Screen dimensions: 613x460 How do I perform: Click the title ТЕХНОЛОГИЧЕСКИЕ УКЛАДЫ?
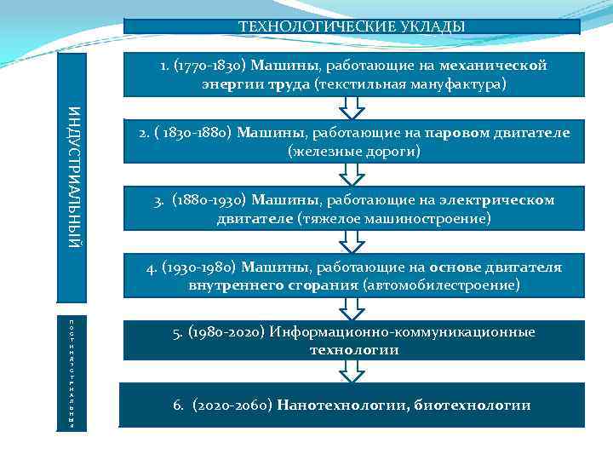pyautogui.click(x=352, y=26)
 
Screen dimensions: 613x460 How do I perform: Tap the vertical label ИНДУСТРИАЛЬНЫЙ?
pyautogui.click(x=75, y=178)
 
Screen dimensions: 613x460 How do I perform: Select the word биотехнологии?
pyautogui.click(x=473, y=405)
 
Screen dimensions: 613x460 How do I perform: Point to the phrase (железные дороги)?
pyautogui.click(x=354, y=152)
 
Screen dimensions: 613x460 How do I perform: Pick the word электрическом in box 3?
pyautogui.click(x=497, y=200)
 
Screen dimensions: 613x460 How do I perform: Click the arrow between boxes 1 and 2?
pyautogui.click(x=351, y=107)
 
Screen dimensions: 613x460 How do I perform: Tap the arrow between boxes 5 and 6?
pyautogui.click(x=351, y=371)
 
